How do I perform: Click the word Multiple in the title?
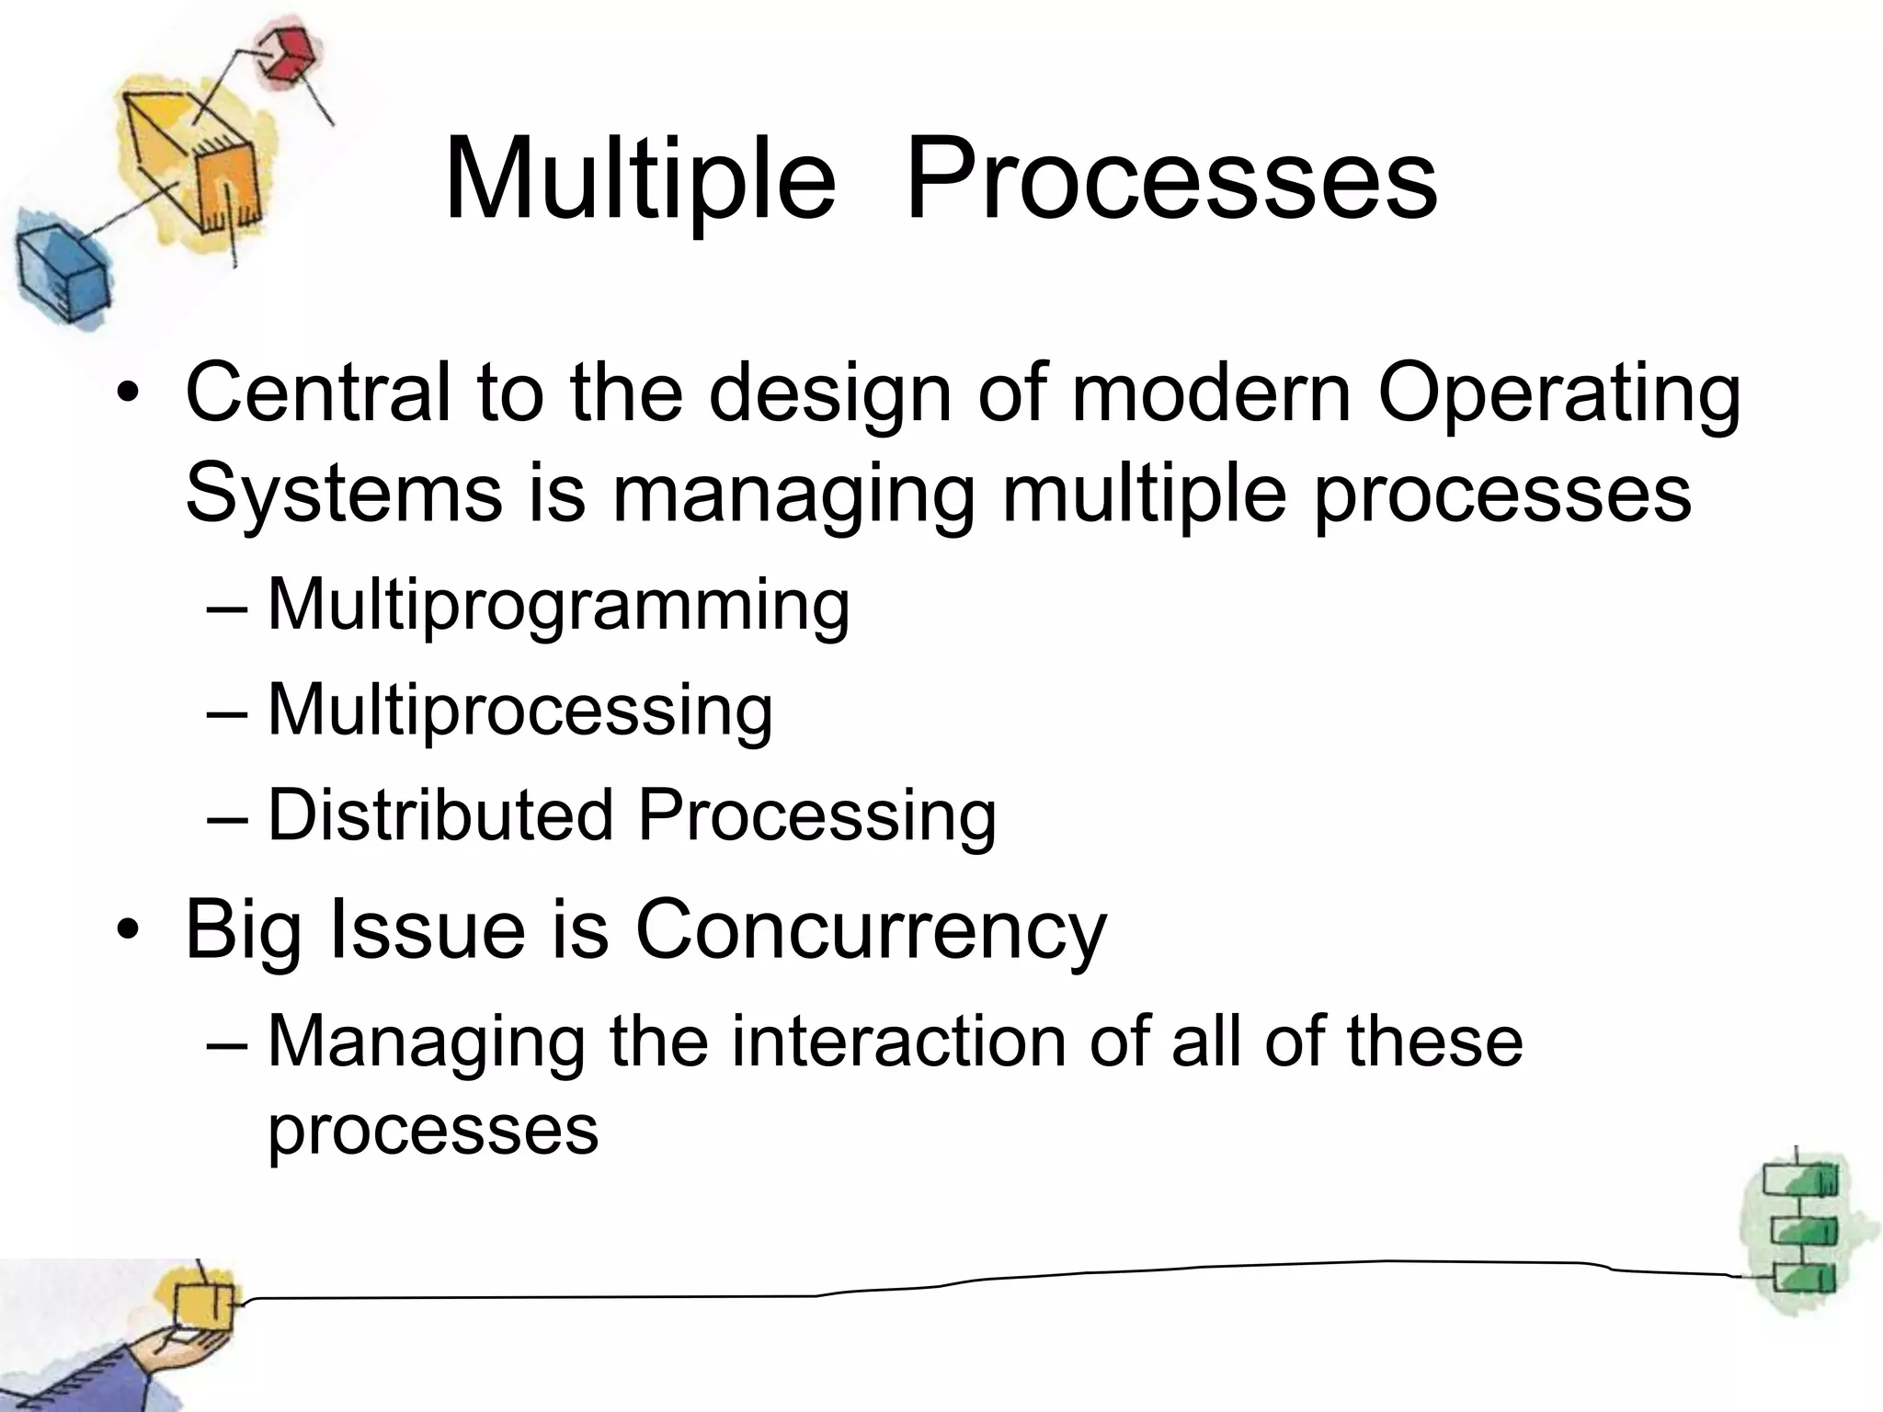click(639, 179)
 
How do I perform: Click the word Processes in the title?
click(1170, 179)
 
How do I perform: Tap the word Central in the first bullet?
click(318, 393)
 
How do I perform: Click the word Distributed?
click(439, 815)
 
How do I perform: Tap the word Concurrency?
click(871, 931)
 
